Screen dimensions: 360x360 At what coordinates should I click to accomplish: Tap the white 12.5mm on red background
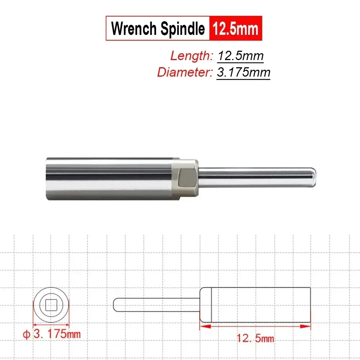[x=236, y=28]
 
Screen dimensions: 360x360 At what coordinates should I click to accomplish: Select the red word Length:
[x=192, y=56]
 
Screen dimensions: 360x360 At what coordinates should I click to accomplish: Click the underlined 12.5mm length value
[x=240, y=56]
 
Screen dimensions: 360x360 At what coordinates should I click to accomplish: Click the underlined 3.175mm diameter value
[x=243, y=72]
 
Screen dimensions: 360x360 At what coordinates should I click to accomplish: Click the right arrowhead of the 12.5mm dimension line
[x=306, y=326]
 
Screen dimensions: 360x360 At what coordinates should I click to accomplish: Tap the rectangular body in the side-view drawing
[x=255, y=305]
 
